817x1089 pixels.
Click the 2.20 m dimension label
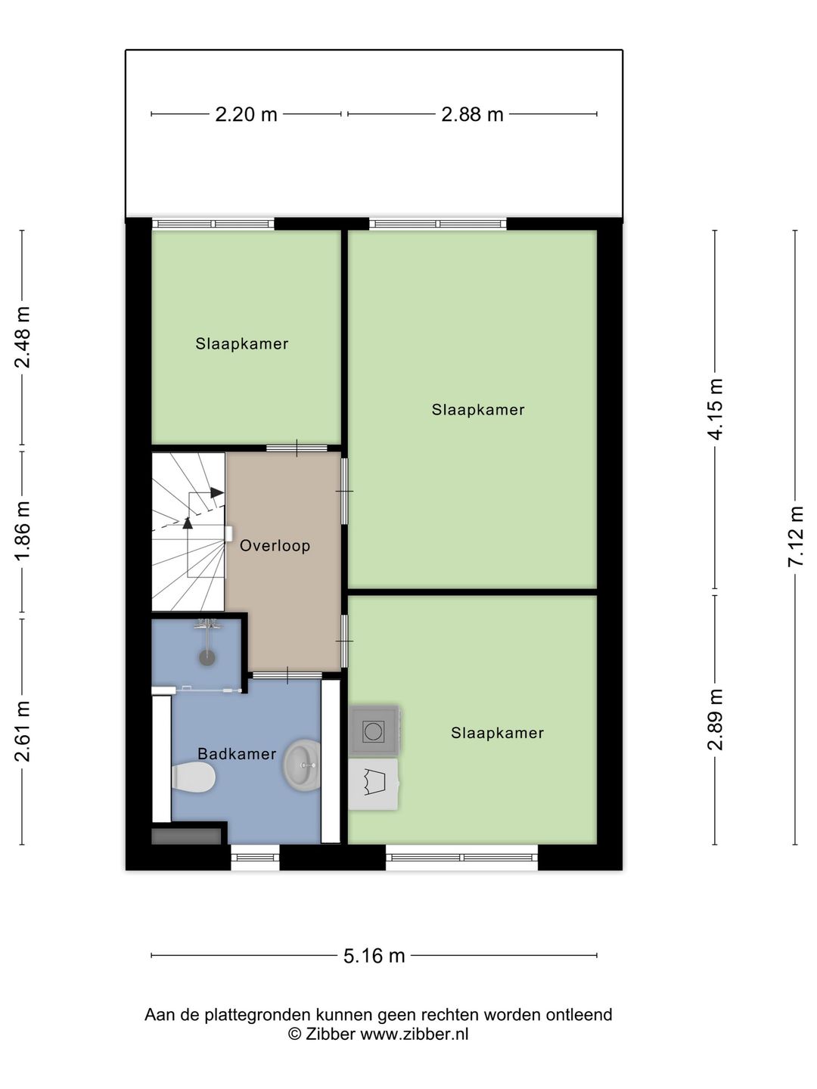coord(246,114)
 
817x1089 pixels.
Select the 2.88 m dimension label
coord(472,114)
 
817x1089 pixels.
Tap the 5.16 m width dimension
coord(374,956)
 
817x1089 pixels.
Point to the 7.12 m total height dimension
coord(795,537)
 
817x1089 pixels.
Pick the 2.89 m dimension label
coord(715,719)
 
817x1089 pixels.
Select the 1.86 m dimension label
coord(23,532)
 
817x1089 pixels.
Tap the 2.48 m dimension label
coord(23,337)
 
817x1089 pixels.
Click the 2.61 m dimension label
coord(23,731)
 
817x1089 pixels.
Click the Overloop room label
coord(275,546)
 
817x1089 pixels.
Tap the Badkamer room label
coord(236,754)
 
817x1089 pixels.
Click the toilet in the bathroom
coord(194,777)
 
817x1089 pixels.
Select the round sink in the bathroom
coord(303,765)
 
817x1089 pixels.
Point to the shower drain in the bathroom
coord(207,658)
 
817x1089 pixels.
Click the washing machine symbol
coord(374,731)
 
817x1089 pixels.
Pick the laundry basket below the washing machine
coord(373,783)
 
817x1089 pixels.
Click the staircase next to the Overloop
coord(188,532)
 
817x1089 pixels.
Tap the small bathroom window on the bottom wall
coord(255,858)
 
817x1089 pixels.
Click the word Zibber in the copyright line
coord(330,1035)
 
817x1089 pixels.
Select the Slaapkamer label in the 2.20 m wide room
coord(241,344)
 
